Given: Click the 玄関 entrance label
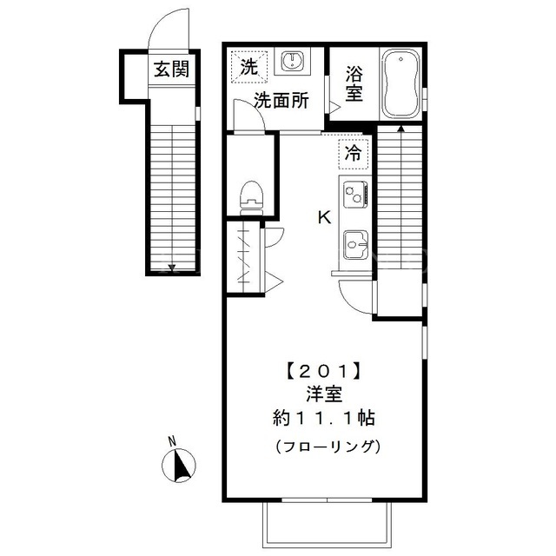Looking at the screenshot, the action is (172, 69).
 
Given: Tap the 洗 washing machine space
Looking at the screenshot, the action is (249, 67).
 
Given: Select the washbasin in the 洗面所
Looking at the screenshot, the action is (293, 61).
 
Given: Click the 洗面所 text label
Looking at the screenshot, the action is (281, 101).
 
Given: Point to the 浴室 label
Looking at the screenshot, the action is (354, 84).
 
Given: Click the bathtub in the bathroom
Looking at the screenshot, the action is (401, 84).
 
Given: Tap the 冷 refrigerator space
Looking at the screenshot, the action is (354, 154).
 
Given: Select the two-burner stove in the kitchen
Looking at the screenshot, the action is (355, 195).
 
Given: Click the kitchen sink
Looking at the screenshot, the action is (355, 245).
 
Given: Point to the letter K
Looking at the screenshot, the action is (324, 217).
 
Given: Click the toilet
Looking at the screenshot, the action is (251, 198).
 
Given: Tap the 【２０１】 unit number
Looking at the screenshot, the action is (324, 372).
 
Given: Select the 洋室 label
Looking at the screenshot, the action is (324, 394).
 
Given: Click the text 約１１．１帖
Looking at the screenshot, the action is (324, 419).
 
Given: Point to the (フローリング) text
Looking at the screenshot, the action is (328, 446).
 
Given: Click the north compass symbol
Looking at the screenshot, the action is (179, 466).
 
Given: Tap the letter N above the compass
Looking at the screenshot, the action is (172, 441).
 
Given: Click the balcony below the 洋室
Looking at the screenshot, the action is (327, 525).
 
